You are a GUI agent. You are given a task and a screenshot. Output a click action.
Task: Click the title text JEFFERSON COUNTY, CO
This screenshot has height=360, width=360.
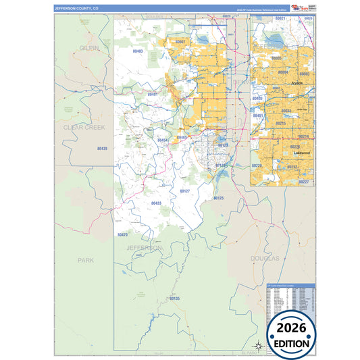pos(76,8)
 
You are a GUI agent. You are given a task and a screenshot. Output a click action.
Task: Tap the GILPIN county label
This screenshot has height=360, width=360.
pos(89,49)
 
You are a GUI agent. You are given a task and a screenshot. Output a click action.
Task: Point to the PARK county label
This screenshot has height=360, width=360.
pos(86,259)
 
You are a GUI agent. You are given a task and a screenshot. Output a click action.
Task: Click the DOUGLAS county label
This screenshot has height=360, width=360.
pos(264,259)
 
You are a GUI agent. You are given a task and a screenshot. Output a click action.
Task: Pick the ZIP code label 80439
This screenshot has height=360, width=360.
pos(102,148)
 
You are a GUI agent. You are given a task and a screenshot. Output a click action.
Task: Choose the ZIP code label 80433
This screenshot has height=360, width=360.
pos(156,203)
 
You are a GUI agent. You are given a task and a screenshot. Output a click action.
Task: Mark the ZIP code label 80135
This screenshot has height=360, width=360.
pos(174,298)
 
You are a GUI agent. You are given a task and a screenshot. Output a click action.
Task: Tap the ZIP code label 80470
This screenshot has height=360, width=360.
pos(122,234)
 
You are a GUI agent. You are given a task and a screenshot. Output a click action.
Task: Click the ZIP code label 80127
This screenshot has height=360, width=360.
pos(185,191)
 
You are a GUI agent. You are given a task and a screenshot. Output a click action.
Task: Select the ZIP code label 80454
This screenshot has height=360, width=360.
pos(163,140)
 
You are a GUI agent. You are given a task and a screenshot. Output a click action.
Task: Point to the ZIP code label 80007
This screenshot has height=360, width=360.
pos(180,42)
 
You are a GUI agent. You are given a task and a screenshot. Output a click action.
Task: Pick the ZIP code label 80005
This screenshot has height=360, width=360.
pos(277,58)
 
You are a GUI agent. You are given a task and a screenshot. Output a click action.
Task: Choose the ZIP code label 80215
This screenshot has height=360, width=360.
pos(280,124)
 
